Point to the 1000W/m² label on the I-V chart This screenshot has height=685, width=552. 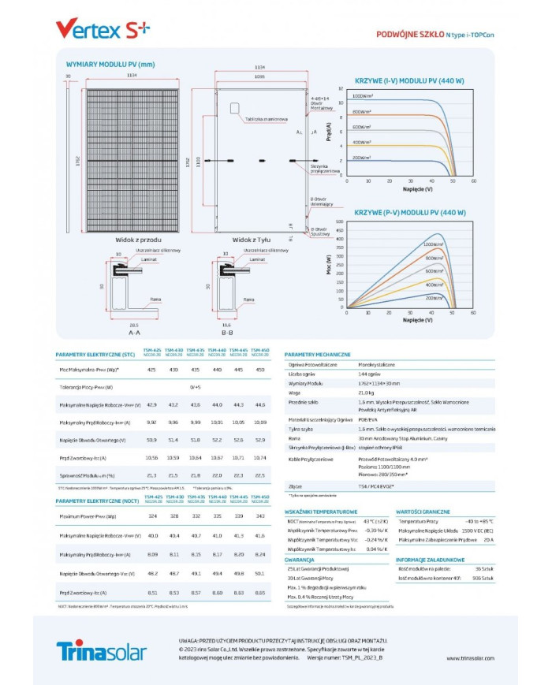point(363,95)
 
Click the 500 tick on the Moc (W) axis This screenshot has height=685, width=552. point(340,222)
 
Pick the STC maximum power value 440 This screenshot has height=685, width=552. point(217,369)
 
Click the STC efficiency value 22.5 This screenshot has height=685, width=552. point(260,475)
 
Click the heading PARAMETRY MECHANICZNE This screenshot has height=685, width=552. point(317,356)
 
